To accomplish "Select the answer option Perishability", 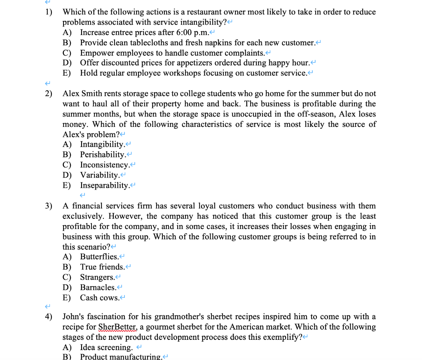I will coord(103,154).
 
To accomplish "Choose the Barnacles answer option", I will coord(98,287).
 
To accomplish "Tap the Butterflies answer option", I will coord(99,257).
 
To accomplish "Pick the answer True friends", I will coord(102,267).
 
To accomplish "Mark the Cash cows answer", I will coord(99,297).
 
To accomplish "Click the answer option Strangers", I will coord(97,277).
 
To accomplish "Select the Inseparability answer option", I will coord(105,185).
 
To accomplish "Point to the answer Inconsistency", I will coord(105,165).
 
